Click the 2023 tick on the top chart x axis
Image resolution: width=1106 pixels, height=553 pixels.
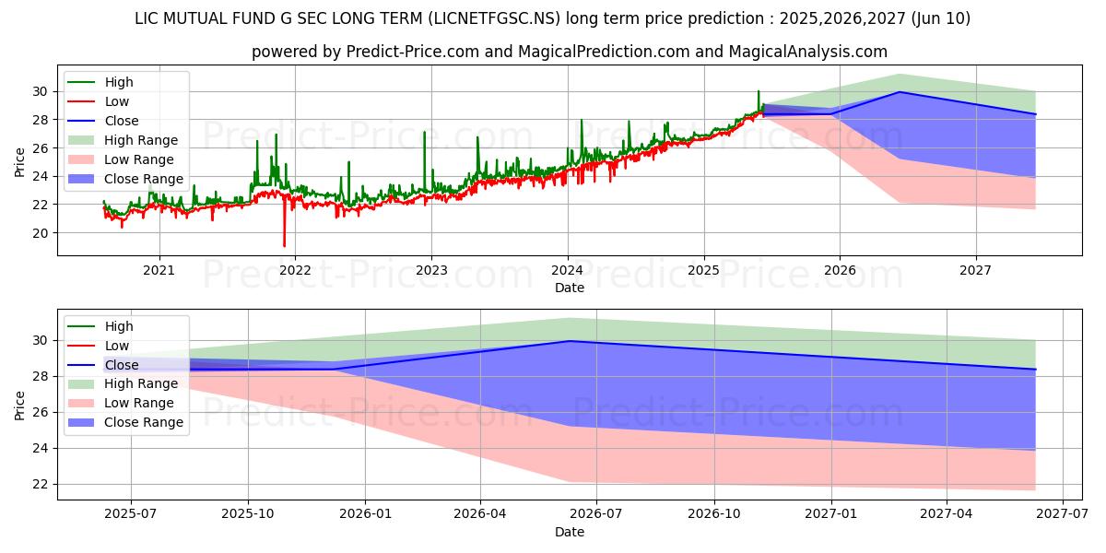[x=431, y=270]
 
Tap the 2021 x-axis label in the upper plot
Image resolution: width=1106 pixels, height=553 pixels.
[x=159, y=270]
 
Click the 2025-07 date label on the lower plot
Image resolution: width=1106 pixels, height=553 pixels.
[x=130, y=514]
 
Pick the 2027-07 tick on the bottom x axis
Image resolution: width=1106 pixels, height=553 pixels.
[x=1064, y=514]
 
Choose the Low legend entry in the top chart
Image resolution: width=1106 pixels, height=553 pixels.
[x=117, y=101]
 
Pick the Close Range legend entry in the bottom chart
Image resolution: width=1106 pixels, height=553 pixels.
[x=143, y=422]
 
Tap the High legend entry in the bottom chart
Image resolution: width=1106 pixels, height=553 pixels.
[x=119, y=326]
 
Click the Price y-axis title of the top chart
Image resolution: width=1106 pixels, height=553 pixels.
[x=20, y=162]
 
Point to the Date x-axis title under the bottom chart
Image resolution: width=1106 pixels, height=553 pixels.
[x=569, y=532]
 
